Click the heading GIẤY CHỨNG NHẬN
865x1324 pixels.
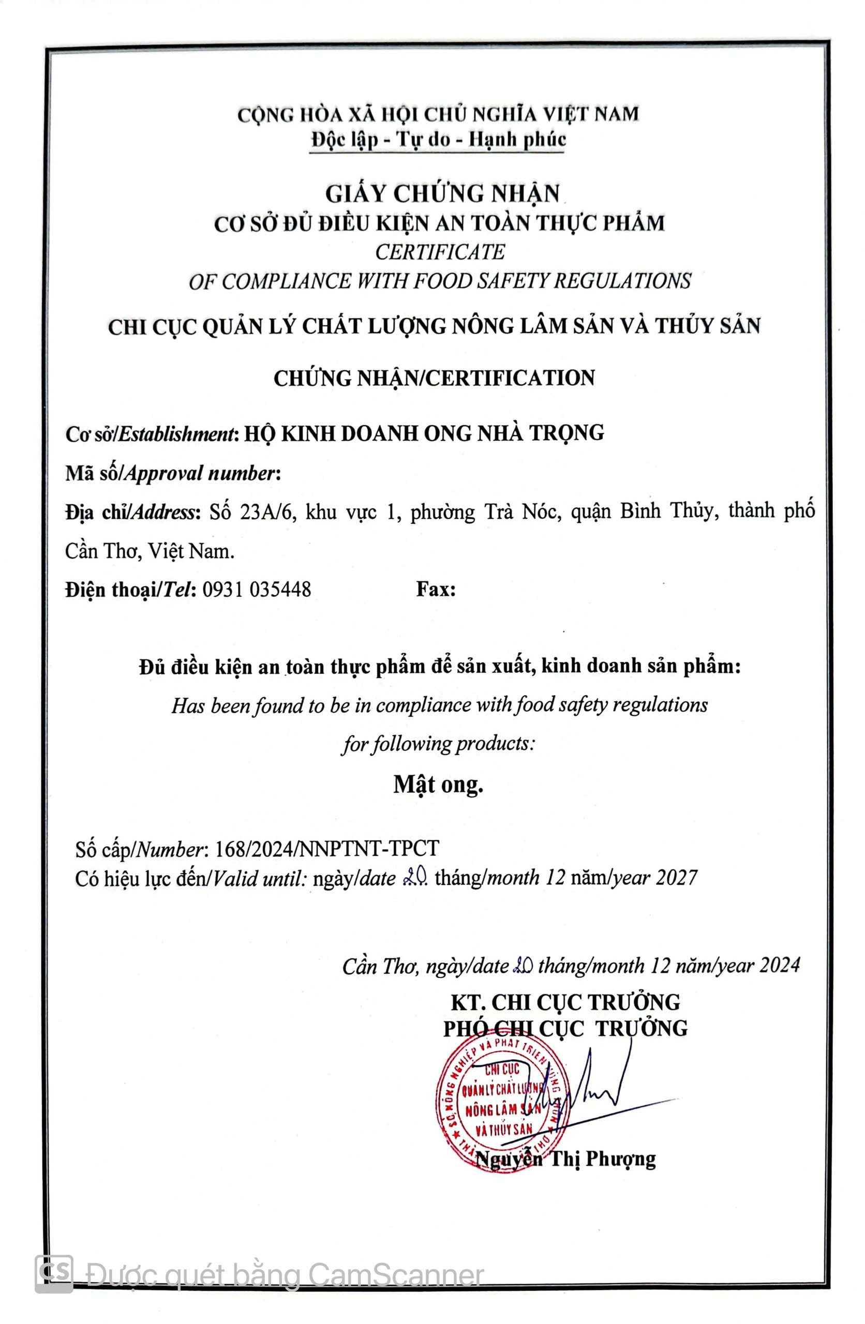click(x=442, y=193)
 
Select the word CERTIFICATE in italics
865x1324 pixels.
click(x=440, y=252)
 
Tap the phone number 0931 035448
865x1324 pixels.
click(x=257, y=589)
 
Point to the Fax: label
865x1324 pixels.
click(x=436, y=589)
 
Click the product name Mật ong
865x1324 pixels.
click(x=438, y=784)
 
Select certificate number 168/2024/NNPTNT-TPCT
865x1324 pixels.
click(x=326, y=848)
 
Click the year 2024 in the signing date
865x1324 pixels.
click(x=779, y=965)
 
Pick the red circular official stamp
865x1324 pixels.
click(x=501, y=1104)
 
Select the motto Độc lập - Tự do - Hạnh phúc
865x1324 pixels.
click(x=438, y=139)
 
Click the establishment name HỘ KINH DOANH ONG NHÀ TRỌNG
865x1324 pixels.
click(x=424, y=433)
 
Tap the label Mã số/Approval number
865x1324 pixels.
click(x=173, y=473)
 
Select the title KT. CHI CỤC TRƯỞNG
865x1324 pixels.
click(x=565, y=1002)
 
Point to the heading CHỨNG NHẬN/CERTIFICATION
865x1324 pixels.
click(x=434, y=378)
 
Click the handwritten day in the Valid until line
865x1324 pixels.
click(x=415, y=877)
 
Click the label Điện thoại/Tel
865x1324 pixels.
click(x=130, y=589)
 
